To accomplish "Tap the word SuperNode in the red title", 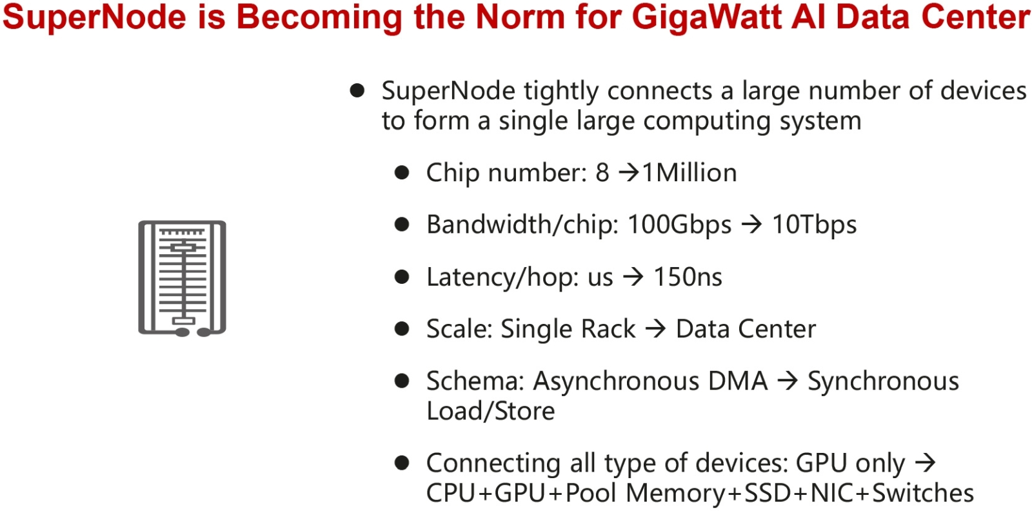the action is (94, 17).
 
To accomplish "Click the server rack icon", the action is (182, 278).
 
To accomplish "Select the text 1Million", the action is (690, 173).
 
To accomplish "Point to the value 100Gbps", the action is (679, 225).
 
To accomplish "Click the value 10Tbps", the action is (814, 225).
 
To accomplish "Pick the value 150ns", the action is (688, 277).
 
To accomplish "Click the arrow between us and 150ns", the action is (633, 277).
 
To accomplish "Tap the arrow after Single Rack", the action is (655, 329).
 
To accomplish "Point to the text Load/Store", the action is (490, 411).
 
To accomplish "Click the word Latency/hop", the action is (503, 277).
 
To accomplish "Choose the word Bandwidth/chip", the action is (522, 225).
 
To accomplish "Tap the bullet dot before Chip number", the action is (402, 173).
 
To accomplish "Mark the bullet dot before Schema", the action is (402, 381).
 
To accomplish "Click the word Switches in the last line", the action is (923, 492).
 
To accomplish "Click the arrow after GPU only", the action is (925, 463).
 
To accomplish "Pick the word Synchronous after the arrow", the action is (883, 381).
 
